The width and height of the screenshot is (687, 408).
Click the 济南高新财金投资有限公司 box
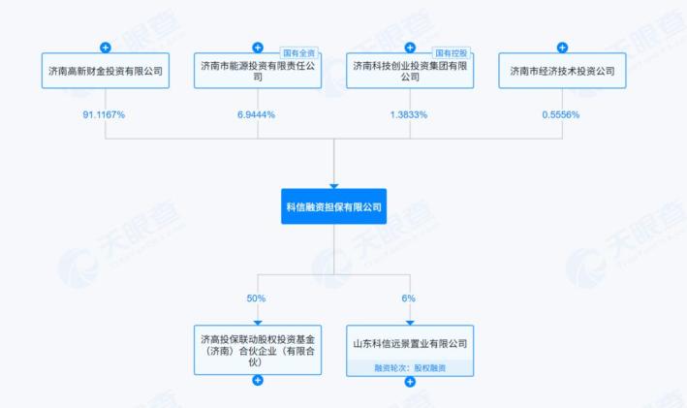click(106, 71)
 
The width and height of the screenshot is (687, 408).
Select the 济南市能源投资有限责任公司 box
click(258, 71)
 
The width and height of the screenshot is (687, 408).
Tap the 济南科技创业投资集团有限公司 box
click(410, 71)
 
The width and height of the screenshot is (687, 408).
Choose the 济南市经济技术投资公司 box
click(562, 71)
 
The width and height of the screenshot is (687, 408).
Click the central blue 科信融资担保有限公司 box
click(333, 206)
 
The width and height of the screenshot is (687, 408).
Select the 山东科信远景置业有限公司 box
click(410, 343)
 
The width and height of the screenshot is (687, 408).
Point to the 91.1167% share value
click(106, 114)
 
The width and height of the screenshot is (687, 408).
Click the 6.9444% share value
click(258, 114)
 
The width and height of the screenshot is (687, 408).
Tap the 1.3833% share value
click(410, 114)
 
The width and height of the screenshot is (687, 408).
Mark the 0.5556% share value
click(562, 114)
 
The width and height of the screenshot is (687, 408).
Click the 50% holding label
click(258, 298)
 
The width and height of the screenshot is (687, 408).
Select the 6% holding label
click(410, 298)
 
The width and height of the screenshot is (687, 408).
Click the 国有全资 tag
click(299, 52)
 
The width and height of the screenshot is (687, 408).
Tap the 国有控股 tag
click(452, 52)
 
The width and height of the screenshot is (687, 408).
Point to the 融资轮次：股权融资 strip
click(410, 367)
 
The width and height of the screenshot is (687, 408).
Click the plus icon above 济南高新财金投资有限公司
click(106, 47)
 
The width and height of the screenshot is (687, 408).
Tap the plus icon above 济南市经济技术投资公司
click(562, 47)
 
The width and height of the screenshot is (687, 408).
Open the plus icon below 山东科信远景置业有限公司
click(410, 381)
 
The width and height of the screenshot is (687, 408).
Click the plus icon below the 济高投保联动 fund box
click(258, 380)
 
